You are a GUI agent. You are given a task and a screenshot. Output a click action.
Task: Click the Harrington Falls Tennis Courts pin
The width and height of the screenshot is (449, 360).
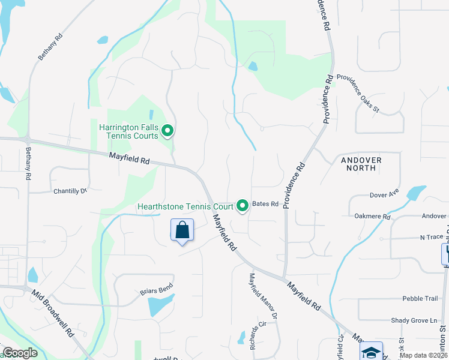pyautogui.click(x=168, y=130)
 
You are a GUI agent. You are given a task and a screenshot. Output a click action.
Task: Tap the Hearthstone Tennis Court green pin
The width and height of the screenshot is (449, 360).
pyautogui.click(x=243, y=206)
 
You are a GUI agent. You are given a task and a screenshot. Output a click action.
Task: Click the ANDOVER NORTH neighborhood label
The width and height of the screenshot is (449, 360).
pyautogui.click(x=361, y=164)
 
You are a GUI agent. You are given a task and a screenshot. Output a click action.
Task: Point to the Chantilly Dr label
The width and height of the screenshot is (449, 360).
pyautogui.click(x=70, y=191)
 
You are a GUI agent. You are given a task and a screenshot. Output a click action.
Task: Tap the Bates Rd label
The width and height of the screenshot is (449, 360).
pyautogui.click(x=265, y=204)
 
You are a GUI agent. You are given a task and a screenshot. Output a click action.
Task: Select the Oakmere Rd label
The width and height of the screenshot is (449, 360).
pyautogui.click(x=372, y=216)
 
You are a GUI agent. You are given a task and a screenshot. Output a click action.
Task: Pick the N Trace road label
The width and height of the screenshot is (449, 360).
pyautogui.click(x=414, y=237)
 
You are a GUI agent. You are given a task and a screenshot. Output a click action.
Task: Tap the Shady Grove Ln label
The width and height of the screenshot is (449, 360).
pyautogui.click(x=415, y=321)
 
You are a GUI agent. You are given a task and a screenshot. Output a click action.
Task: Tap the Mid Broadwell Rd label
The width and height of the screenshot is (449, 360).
pyautogui.click(x=53, y=314)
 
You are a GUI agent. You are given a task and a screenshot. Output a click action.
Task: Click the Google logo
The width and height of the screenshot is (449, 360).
pyautogui.click(x=20, y=353)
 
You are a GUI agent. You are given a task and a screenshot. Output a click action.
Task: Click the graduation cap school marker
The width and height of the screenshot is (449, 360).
pyautogui.click(x=371, y=352)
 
